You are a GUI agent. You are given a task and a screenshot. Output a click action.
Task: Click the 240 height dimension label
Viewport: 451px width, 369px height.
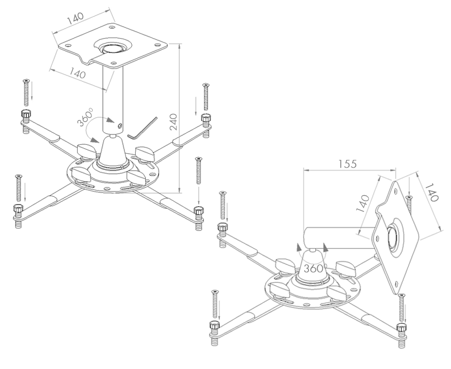click(173, 122)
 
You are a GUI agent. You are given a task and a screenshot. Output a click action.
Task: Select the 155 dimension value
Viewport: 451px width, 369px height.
click(347, 164)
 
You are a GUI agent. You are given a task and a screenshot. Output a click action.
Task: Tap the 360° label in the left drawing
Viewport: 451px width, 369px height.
click(85, 117)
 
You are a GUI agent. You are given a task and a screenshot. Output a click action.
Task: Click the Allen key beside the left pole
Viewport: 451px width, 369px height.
click(143, 129)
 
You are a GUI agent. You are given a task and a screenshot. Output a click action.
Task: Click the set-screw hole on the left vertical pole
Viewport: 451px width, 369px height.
click(120, 125)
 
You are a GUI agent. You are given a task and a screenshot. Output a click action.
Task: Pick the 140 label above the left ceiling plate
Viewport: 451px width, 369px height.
click(75, 17)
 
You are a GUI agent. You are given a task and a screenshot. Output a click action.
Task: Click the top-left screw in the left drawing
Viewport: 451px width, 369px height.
click(26, 93)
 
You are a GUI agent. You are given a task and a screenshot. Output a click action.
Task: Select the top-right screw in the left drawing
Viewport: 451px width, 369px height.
click(205, 97)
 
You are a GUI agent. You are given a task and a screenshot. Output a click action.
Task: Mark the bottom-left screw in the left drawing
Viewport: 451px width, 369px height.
click(18, 188)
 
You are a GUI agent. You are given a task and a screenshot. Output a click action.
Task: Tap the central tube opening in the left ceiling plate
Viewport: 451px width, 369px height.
click(113, 49)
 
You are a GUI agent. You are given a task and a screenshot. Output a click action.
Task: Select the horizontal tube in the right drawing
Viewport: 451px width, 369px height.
click(338, 238)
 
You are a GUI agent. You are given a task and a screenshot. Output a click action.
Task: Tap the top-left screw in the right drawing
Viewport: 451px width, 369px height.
click(223, 205)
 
